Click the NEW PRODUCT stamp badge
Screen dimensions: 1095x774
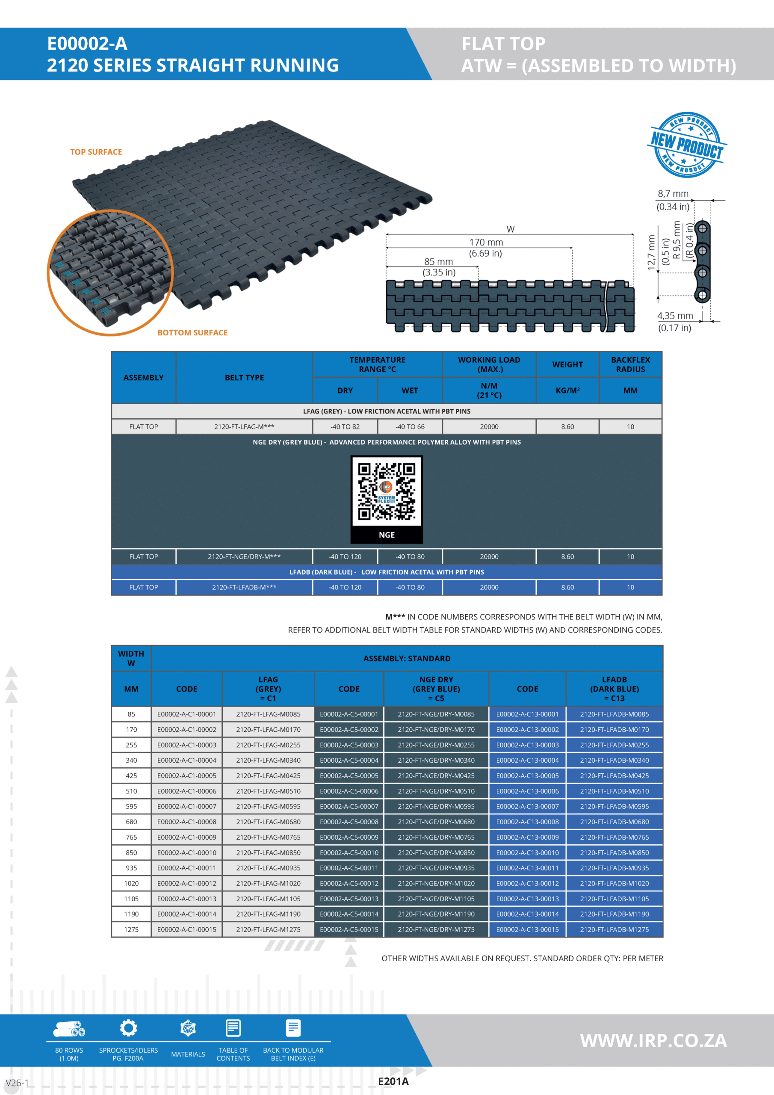click(x=687, y=145)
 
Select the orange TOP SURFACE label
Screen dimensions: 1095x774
click(x=96, y=152)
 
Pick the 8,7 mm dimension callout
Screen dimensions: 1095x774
click(x=673, y=194)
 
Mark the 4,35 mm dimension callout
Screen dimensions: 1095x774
click(x=675, y=316)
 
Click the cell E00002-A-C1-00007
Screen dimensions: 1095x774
click(x=186, y=806)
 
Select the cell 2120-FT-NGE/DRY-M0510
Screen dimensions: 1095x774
click(x=436, y=791)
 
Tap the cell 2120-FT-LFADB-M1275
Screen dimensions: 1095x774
click(x=614, y=929)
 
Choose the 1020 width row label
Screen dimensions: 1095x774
click(x=131, y=883)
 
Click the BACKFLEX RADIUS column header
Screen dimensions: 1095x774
click(x=630, y=364)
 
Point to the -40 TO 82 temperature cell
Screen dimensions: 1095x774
click(x=345, y=427)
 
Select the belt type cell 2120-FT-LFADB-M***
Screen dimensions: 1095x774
click(x=244, y=588)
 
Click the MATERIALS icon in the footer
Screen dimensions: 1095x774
click(x=188, y=1029)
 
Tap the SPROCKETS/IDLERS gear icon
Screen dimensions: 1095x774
click(x=128, y=1028)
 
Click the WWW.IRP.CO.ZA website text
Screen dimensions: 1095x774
click(x=653, y=1041)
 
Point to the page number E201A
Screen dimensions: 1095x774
click(x=393, y=1082)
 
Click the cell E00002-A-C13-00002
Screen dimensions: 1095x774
click(x=527, y=730)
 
